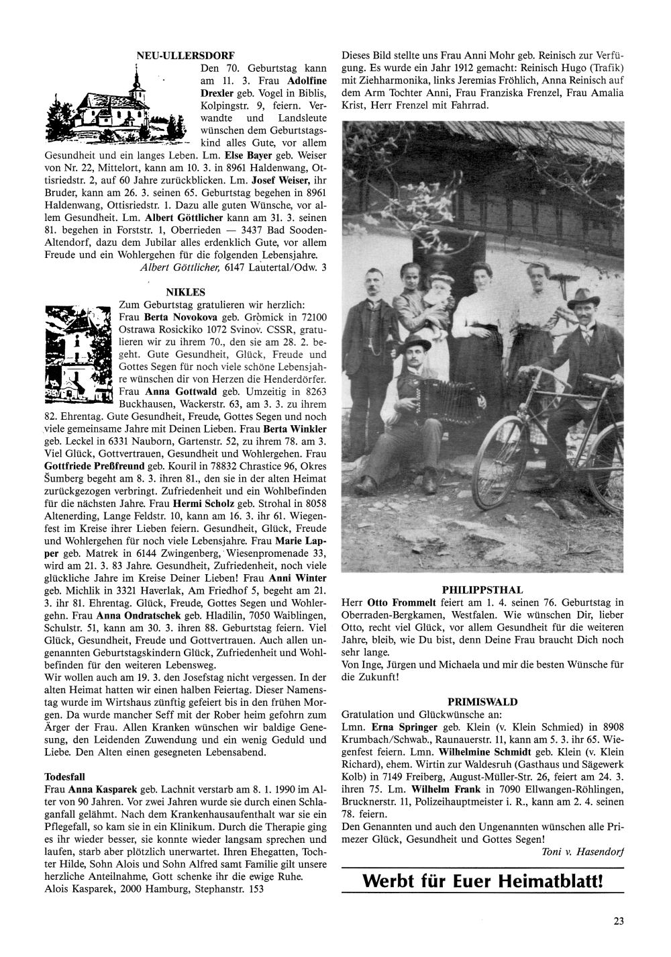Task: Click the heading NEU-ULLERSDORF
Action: pos(185,55)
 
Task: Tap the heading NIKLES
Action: pos(185,292)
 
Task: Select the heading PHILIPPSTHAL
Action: pos(482,589)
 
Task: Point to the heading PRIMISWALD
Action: pos(482,702)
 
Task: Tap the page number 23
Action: pos(618,921)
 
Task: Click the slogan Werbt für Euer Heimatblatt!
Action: pos(483,880)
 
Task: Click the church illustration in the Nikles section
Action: pos(76,355)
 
